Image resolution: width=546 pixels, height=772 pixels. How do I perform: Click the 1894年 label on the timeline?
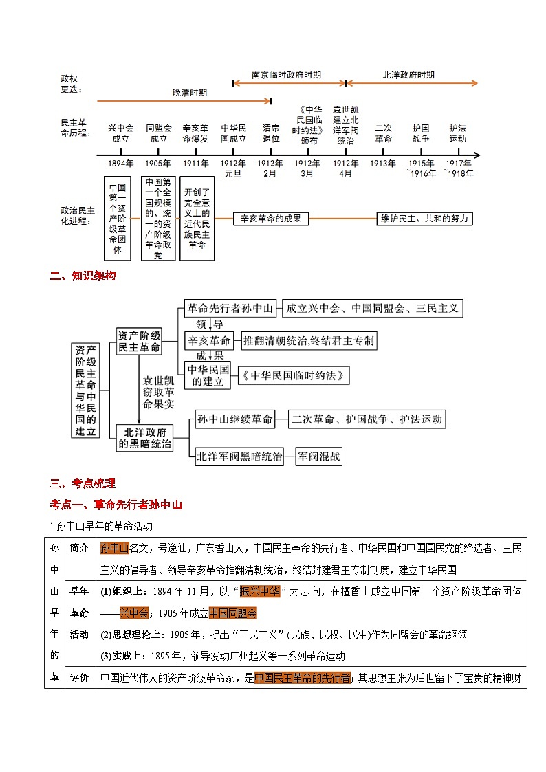point(120,164)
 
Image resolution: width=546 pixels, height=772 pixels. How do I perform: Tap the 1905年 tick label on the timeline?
point(158,164)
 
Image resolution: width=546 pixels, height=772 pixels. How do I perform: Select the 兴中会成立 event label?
point(120,133)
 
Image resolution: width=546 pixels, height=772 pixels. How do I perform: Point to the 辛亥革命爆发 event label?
point(196,133)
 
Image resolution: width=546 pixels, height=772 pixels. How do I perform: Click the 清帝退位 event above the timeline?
point(271,133)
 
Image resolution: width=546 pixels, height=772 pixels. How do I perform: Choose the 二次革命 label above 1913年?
point(383,133)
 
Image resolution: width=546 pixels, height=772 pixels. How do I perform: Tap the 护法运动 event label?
point(457,133)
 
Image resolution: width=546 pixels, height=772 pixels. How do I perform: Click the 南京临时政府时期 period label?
point(287,75)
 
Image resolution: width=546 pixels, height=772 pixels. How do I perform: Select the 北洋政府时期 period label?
point(408,75)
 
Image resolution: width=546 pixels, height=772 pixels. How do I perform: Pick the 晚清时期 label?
point(190,92)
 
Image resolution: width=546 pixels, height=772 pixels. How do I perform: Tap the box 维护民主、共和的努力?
point(426,219)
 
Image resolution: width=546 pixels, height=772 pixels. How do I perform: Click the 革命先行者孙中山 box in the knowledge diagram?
point(231,309)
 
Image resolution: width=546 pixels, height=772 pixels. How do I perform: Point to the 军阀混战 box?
point(319,456)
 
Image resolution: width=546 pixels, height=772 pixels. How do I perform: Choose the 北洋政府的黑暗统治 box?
point(144,438)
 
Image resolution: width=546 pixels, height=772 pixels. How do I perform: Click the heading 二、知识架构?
point(83,276)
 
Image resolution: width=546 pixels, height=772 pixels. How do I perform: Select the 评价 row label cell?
point(79,678)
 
